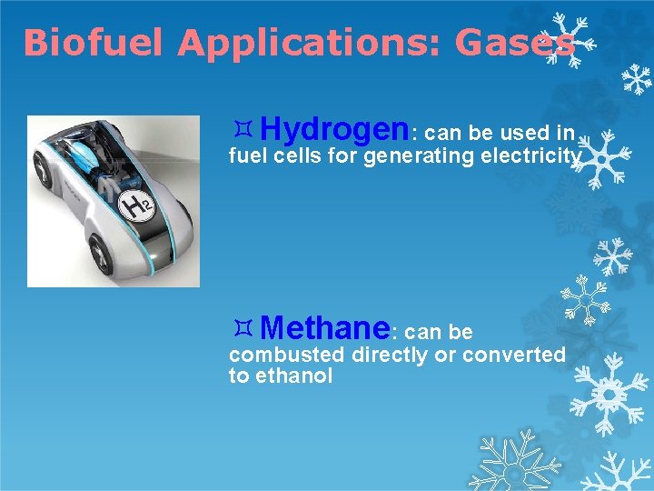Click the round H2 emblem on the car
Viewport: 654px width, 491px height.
pyautogui.click(x=135, y=207)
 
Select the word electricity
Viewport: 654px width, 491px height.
pyautogui.click(x=530, y=157)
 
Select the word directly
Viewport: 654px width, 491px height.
pyautogui.click(x=391, y=355)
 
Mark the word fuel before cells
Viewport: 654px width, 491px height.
pyautogui.click(x=246, y=157)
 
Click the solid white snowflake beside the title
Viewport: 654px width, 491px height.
pyautogui.click(x=635, y=79)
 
